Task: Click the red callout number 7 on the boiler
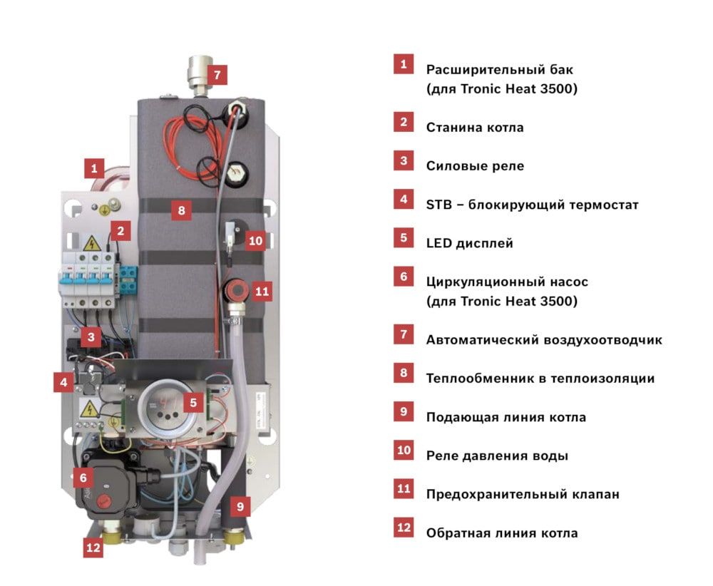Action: click(x=219, y=73)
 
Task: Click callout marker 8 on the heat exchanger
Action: click(x=181, y=210)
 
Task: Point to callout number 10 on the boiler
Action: click(x=255, y=241)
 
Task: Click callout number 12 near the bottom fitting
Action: click(x=93, y=548)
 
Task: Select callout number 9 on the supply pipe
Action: click(x=240, y=508)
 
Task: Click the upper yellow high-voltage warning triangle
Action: click(x=91, y=245)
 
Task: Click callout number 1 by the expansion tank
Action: click(x=93, y=169)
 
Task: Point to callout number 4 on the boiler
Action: click(x=63, y=382)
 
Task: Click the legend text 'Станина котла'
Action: click(x=475, y=128)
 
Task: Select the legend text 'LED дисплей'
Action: click(x=469, y=243)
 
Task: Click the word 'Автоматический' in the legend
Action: click(x=478, y=340)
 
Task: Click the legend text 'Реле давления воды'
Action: click(x=497, y=456)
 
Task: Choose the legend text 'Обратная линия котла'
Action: click(x=502, y=533)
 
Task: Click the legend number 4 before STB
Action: click(x=404, y=200)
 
